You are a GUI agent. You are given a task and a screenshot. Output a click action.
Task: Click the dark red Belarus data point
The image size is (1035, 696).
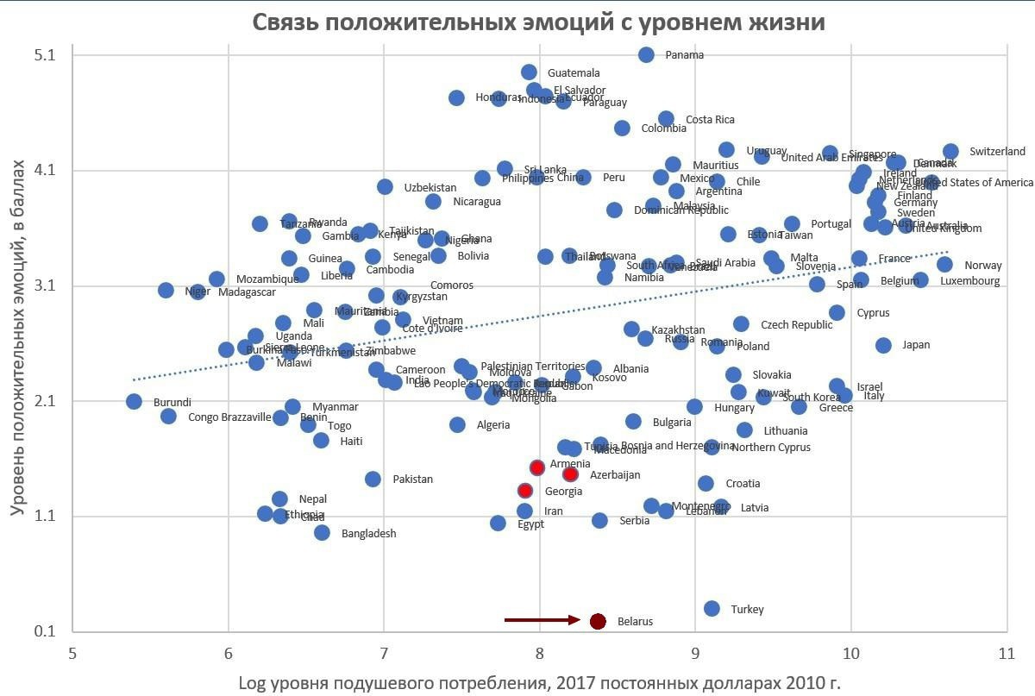tap(598, 621)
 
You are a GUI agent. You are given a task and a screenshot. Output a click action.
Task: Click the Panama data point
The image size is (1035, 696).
tap(646, 54)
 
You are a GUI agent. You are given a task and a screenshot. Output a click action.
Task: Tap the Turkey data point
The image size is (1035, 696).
tap(712, 609)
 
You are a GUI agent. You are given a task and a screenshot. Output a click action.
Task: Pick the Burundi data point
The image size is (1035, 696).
tap(134, 401)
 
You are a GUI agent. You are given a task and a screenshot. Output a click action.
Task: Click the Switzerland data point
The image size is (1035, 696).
tap(950, 152)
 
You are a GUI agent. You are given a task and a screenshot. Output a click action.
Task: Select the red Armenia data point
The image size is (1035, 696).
tap(536, 467)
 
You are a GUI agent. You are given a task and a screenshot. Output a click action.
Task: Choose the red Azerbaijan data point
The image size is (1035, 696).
tap(570, 474)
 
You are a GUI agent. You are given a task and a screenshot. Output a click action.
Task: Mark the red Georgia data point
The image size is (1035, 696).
tap(525, 491)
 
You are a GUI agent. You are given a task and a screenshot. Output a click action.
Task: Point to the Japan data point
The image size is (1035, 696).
tap(883, 345)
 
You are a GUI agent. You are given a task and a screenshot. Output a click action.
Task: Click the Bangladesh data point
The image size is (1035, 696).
tap(322, 532)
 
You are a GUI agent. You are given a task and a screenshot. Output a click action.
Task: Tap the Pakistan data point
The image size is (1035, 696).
tap(373, 479)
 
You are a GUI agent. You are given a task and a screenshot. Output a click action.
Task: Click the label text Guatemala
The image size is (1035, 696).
tap(574, 73)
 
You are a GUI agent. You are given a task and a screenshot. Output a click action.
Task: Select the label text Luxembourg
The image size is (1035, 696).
tap(969, 281)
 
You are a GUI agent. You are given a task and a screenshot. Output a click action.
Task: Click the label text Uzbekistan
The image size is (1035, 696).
tap(430, 187)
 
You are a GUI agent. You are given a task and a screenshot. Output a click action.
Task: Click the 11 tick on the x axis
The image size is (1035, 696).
tap(1007, 652)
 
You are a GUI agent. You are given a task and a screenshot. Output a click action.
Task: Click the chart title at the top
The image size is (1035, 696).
tap(538, 22)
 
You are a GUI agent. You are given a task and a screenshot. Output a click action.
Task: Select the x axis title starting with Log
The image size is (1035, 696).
tap(539, 683)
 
